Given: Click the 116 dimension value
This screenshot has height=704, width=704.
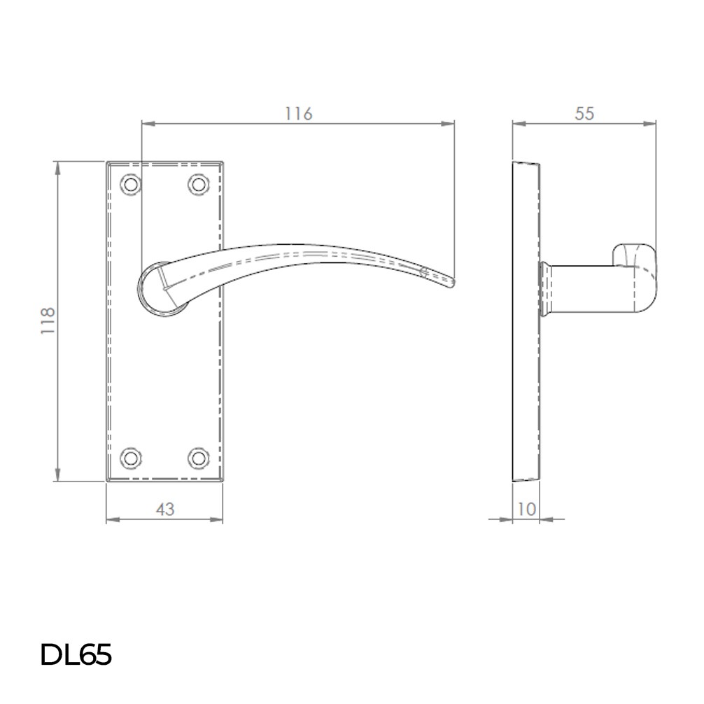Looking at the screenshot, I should pos(298,113).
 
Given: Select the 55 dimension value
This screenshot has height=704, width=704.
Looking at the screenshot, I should pos(584,113).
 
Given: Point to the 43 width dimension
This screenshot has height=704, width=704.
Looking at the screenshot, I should pos(164,509).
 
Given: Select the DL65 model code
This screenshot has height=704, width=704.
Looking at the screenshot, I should pos(76,656).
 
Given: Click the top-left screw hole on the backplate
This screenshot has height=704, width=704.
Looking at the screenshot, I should pos(130,184).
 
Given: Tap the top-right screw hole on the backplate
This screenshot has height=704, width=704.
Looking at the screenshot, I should pos(199,184).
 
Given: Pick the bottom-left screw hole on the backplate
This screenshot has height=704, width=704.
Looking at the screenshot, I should pos(130,458).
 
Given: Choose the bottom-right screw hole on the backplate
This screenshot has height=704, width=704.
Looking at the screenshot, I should pos(199,458).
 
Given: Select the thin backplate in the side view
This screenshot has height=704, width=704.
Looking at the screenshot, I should pos(526,322).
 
